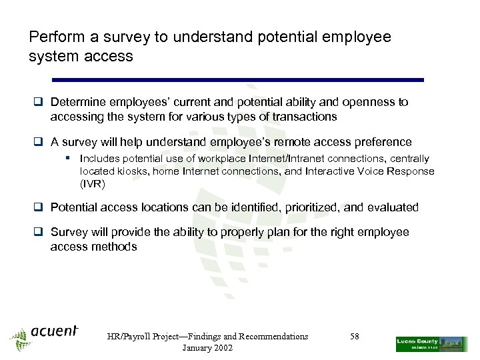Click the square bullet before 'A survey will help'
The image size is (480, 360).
pos(40,142)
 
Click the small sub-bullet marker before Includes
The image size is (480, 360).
pos(69,159)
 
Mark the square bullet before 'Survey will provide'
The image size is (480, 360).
pos(40,233)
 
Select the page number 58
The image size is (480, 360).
pos(354,337)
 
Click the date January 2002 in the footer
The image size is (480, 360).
pos(207,349)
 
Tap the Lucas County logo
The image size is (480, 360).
pos(431,343)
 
